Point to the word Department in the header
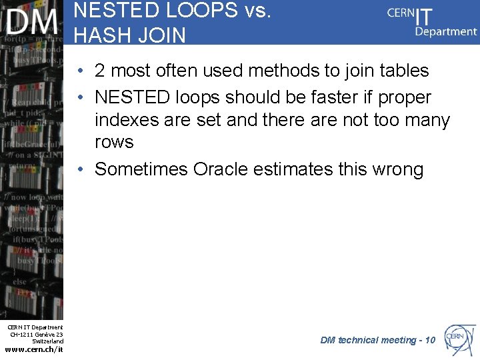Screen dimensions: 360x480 click(x=446, y=31)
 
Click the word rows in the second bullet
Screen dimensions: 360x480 click(x=114, y=142)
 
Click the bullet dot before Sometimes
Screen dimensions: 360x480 click(x=79, y=169)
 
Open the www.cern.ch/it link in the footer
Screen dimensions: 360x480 click(x=33, y=349)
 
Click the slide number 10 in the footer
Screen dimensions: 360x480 click(x=429, y=340)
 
